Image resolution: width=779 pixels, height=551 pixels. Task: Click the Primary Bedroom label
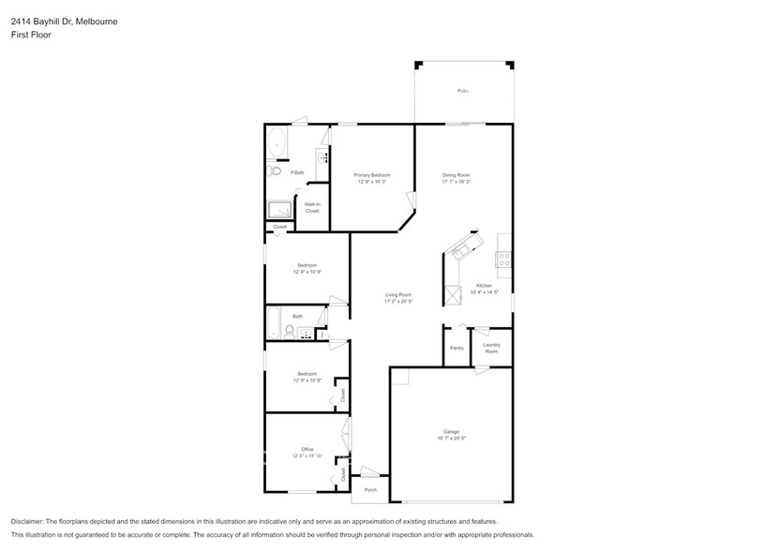[x=372, y=175]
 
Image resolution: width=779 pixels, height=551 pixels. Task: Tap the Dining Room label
[x=456, y=175]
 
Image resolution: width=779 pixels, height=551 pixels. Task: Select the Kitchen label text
[x=484, y=285]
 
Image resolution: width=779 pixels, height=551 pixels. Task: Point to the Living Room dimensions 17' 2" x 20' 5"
[x=398, y=302]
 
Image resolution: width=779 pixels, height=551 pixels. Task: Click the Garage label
[x=451, y=431]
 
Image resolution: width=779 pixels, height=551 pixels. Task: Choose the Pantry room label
[x=457, y=348]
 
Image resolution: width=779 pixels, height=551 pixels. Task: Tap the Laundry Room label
[x=491, y=348]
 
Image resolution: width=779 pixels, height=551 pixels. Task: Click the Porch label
[x=370, y=489]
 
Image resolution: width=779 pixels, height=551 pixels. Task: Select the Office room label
[x=307, y=449]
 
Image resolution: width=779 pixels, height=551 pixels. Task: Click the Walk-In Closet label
[x=312, y=207]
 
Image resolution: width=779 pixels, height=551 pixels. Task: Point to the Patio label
[x=462, y=91]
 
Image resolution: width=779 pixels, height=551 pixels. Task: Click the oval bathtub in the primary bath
[x=277, y=143]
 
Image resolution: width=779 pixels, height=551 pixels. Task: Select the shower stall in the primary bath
[x=279, y=210]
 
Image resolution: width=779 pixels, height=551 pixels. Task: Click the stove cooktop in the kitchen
[x=503, y=260]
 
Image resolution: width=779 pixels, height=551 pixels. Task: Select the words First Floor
[x=32, y=35]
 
